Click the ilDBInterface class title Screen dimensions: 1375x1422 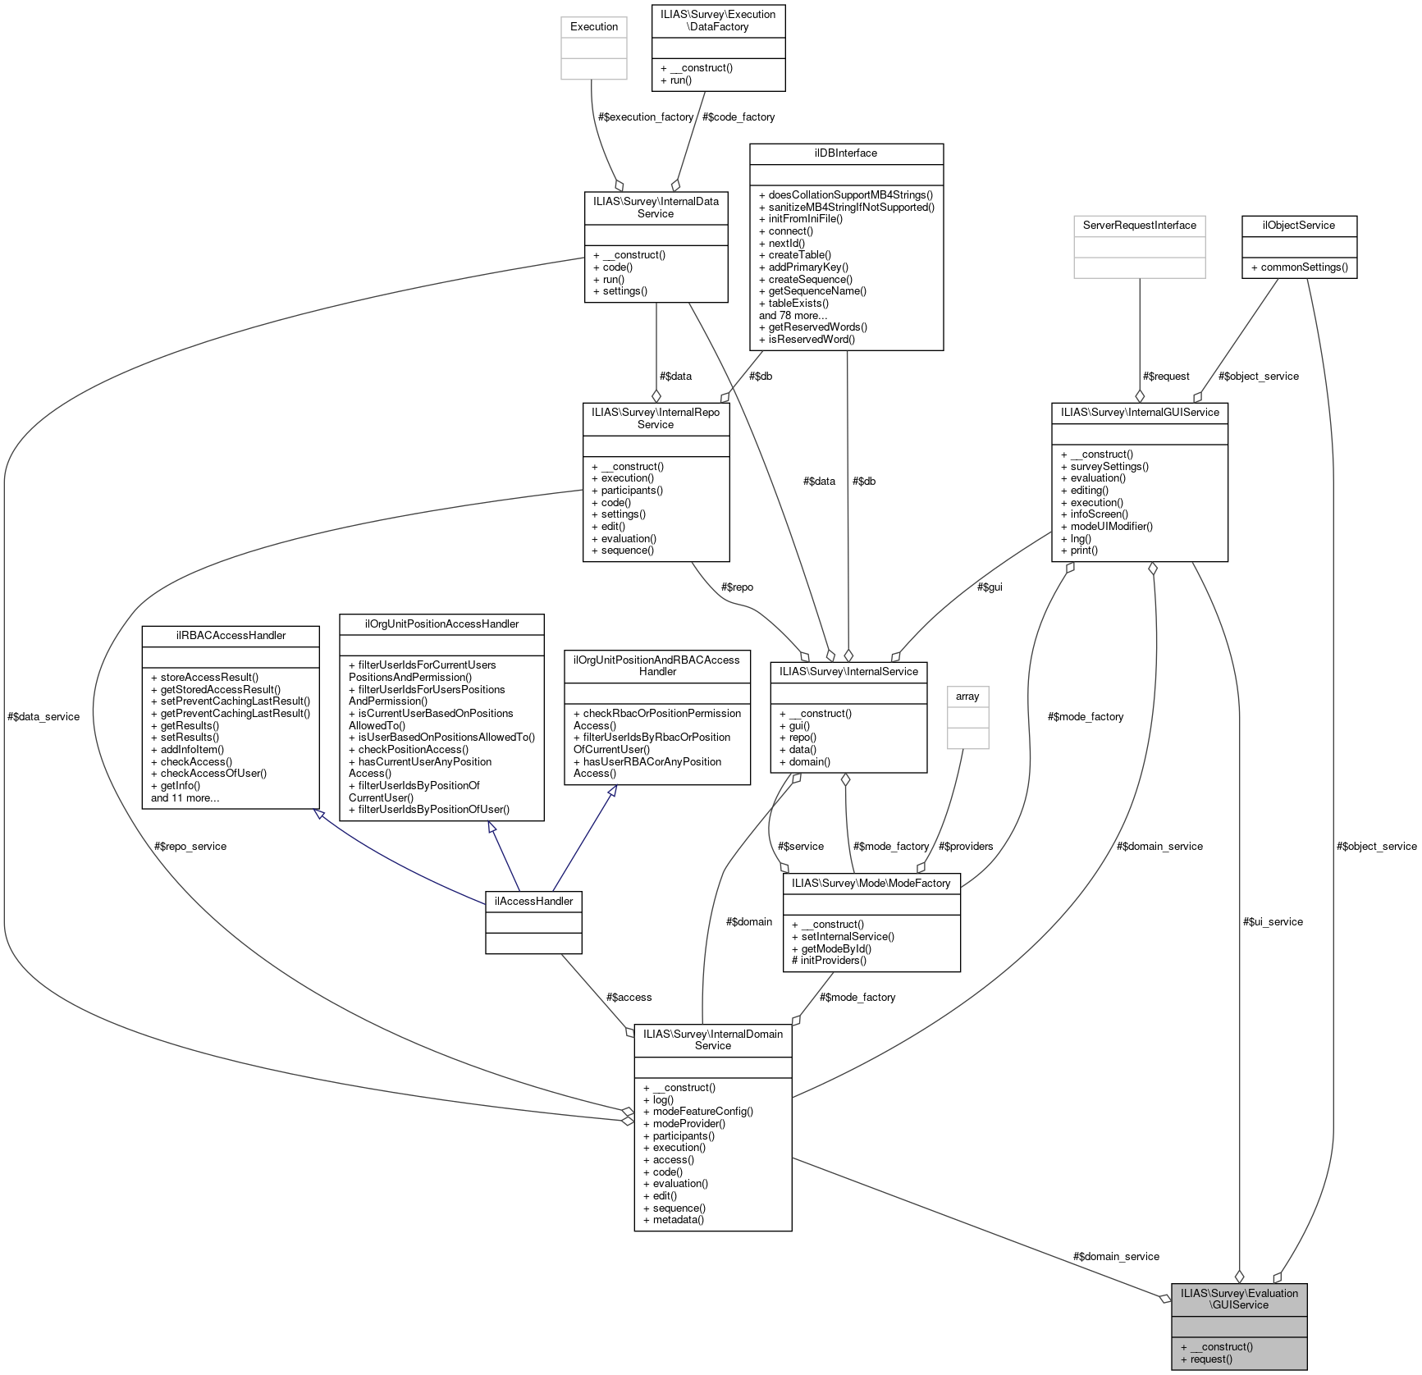pos(845,153)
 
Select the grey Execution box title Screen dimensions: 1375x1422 pos(593,27)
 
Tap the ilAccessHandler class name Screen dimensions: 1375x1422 pos(533,901)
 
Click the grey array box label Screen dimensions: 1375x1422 pos(967,697)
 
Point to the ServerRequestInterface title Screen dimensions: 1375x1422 pos(1139,226)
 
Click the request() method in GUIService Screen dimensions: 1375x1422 pos(1206,1359)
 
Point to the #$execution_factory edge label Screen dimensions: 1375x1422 pos(646,117)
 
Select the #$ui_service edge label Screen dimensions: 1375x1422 pos(1273,922)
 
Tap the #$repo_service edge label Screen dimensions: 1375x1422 pos(190,847)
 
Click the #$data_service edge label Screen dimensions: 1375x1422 pos(43,717)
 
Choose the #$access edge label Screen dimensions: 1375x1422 pos(629,998)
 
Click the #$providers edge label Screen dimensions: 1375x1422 pos(966,847)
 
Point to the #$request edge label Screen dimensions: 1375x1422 pos(1166,377)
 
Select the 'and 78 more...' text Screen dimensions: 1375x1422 pos(793,316)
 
